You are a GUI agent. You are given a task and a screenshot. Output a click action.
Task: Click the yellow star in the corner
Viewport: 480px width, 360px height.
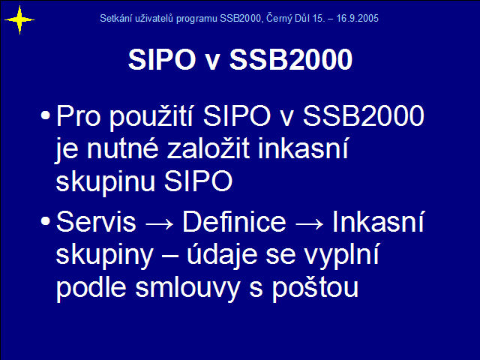(19, 20)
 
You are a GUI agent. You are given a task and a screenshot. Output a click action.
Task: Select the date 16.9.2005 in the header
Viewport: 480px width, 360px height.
(357, 18)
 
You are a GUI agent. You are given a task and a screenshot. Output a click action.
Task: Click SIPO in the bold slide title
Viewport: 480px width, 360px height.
(162, 59)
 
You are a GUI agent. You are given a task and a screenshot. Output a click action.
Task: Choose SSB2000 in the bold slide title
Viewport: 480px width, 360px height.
(291, 59)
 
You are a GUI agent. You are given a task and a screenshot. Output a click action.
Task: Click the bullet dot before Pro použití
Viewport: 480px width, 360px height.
(45, 115)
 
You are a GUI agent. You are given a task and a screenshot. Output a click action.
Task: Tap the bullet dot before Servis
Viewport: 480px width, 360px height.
(45, 221)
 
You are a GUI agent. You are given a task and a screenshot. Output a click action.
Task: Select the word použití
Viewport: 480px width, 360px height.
(151, 116)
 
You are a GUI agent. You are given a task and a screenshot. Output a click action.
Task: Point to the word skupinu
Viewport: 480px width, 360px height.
(106, 181)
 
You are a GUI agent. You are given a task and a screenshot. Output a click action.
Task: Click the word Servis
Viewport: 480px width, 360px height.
(96, 222)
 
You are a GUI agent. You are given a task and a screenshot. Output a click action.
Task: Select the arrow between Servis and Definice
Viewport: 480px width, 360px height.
(159, 223)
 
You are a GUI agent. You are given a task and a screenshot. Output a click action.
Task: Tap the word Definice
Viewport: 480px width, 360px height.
(234, 222)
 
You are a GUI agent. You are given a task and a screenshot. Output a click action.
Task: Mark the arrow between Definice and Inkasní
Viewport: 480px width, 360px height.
(309, 223)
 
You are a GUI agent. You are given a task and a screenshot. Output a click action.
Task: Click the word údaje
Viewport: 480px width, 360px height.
(222, 255)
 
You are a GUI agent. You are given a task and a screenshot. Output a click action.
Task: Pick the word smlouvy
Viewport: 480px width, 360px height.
(187, 288)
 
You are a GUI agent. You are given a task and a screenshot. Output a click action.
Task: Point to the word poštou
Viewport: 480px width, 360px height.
(315, 288)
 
